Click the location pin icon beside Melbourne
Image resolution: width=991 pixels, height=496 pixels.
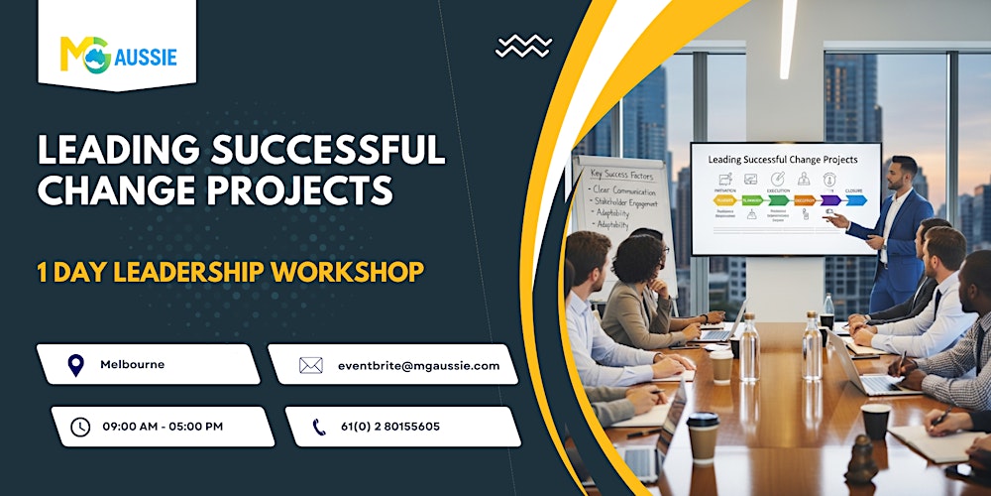pos(75,365)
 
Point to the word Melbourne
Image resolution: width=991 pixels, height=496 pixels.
pos(133,365)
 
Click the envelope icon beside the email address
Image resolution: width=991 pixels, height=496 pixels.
pos(311,365)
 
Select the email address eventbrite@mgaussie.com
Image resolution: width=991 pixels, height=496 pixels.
pos(419,365)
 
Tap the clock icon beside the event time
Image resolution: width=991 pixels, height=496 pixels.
pos(80,427)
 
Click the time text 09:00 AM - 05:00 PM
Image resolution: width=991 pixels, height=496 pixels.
pos(163,427)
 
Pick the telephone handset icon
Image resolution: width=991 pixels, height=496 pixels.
pos(319,427)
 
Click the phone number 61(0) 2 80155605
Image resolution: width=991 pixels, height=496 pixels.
pos(390,427)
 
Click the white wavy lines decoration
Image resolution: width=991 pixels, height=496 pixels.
pos(524,46)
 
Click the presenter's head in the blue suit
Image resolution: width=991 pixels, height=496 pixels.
pos(904,172)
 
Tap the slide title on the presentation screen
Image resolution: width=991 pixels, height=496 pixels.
pos(783,159)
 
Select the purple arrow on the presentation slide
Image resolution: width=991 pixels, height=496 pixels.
pos(828,200)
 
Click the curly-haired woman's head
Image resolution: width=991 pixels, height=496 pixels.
pos(642,259)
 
